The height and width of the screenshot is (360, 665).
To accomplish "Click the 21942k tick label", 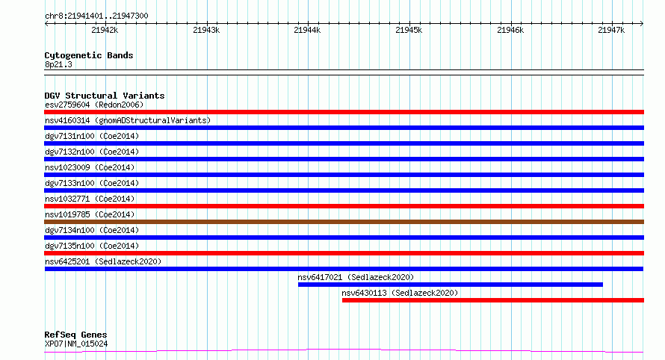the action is click(105, 30).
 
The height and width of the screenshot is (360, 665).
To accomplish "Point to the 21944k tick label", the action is click(307, 30).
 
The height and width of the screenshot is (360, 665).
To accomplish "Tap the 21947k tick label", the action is click(611, 30).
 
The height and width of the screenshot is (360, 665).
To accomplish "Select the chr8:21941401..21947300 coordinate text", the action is click(96, 16).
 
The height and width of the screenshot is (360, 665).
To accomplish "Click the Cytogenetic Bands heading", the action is click(89, 55).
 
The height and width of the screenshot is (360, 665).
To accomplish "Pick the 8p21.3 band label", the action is click(58, 64).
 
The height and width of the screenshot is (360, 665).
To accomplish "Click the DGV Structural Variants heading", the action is click(105, 96).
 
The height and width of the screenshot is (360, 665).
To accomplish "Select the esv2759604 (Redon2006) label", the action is click(94, 105).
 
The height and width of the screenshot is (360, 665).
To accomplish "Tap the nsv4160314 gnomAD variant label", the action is click(128, 120).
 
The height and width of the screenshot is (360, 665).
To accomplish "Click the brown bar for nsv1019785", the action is click(344, 222).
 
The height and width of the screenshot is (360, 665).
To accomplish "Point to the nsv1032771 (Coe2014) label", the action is click(90, 199).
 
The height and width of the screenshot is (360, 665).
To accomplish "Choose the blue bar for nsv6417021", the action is click(451, 285).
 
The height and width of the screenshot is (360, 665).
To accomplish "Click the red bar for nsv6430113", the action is click(493, 300).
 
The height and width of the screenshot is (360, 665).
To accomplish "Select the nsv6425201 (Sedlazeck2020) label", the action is click(103, 261).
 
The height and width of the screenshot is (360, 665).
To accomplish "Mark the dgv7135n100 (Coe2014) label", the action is click(92, 246).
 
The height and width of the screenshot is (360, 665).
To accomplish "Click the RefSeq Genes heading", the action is click(75, 335).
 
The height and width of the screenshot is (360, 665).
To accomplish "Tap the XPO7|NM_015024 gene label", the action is click(76, 344).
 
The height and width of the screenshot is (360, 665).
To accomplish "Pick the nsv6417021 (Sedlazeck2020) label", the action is click(356, 277).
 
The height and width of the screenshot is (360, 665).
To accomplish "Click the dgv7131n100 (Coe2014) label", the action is click(92, 136).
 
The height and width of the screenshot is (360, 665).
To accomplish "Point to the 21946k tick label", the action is click(510, 30).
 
